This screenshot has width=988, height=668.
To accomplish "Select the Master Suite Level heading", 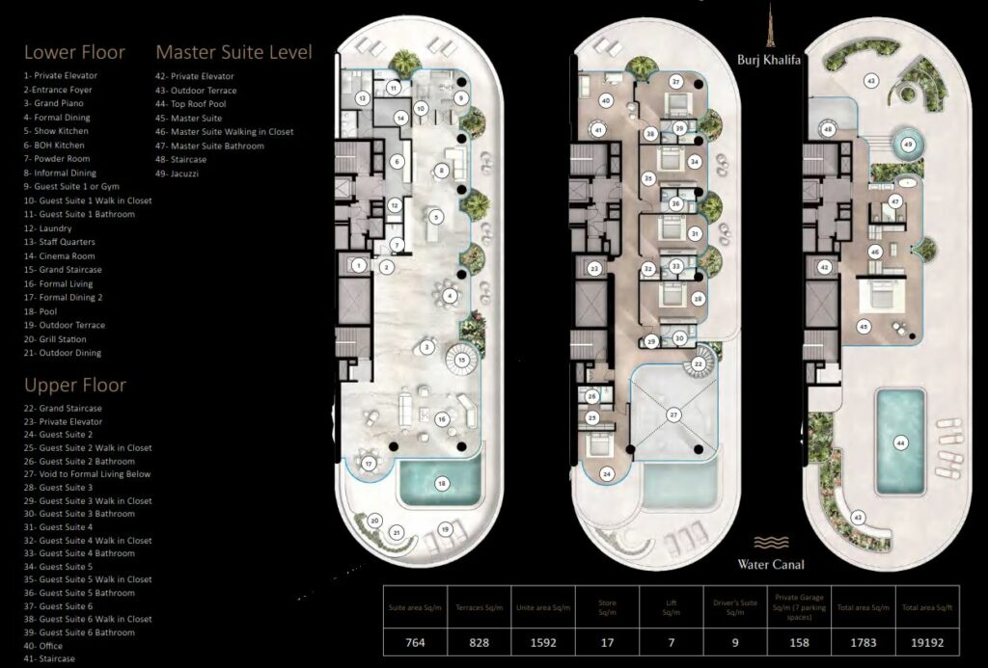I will click(x=233, y=52).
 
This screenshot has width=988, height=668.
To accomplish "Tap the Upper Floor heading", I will click(x=75, y=386).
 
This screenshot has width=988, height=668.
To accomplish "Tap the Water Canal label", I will click(x=771, y=564).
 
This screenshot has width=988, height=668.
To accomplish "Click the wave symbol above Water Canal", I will click(x=771, y=543).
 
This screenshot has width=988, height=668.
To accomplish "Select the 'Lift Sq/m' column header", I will click(x=671, y=607).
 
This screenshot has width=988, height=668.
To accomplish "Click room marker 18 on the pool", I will click(x=442, y=483).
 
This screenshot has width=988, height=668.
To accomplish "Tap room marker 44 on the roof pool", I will click(x=899, y=443).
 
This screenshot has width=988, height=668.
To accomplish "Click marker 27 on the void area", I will click(x=673, y=415).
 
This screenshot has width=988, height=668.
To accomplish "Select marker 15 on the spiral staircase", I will click(x=463, y=360).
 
